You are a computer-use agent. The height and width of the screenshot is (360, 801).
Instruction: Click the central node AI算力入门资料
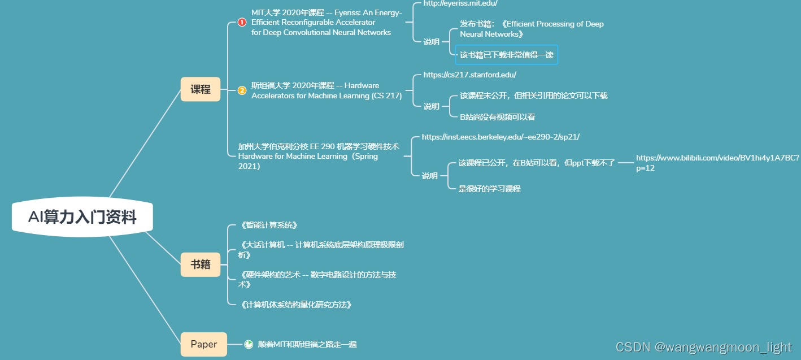pyautogui.click(x=82, y=217)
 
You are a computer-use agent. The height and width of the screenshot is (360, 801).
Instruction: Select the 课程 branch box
pyautogui.click(x=201, y=89)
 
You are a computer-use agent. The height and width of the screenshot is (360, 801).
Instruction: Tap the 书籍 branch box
pyautogui.click(x=201, y=264)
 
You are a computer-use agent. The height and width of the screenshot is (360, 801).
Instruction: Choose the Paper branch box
pyautogui.click(x=203, y=344)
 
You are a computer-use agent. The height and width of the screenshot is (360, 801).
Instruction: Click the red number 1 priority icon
pyautogui.click(x=242, y=23)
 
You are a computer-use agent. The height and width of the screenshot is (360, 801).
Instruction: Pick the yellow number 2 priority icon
pyautogui.click(x=242, y=90)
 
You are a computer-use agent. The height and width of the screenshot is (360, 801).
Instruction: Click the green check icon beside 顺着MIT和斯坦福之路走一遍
pyautogui.click(x=249, y=344)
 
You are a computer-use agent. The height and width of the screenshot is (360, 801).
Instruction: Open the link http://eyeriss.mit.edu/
pyautogui.click(x=460, y=3)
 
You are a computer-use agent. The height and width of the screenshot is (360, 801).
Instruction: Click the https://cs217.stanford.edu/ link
pyautogui.click(x=469, y=75)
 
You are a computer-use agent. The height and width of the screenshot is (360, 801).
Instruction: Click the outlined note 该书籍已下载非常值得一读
pyautogui.click(x=506, y=55)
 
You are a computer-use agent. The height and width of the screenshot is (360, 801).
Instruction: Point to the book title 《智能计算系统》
pyautogui.click(x=269, y=225)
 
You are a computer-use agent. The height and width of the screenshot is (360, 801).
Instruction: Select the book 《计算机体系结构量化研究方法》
pyautogui.click(x=297, y=305)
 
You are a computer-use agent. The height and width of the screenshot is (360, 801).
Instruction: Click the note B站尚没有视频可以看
pyautogui.click(x=497, y=117)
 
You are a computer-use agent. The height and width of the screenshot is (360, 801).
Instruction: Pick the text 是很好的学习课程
pyautogui.click(x=489, y=189)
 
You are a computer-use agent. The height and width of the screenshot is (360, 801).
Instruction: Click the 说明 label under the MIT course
pyautogui.click(x=431, y=42)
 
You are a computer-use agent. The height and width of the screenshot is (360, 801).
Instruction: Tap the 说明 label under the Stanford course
pyautogui.click(x=431, y=106)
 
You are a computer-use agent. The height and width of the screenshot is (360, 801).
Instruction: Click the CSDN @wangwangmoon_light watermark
pyautogui.click(x=703, y=347)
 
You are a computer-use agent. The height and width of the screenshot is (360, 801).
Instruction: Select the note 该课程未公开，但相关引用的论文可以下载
pyautogui.click(x=533, y=96)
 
